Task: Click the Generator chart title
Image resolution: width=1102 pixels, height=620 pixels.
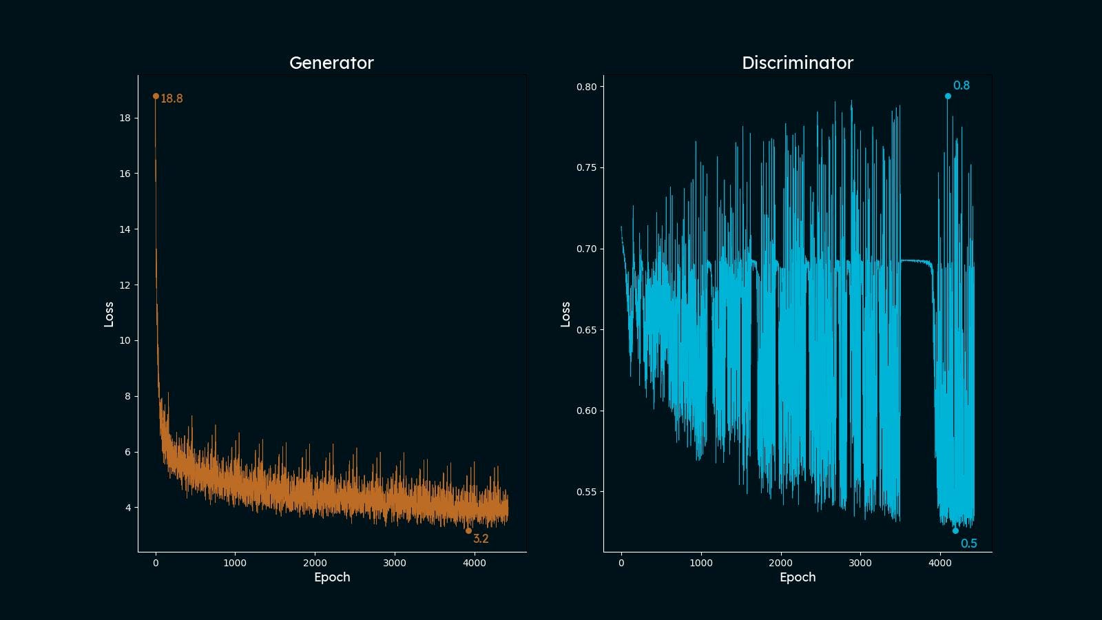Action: pos(331,63)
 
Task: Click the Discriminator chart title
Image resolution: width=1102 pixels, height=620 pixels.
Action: pos(797,63)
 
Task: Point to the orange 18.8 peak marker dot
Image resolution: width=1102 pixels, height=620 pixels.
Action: pos(156,96)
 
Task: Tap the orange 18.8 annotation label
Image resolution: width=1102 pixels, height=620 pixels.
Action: pos(171,99)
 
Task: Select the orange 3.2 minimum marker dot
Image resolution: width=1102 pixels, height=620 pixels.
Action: pos(468,531)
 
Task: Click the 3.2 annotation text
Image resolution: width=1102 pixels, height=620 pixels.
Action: pos(481,539)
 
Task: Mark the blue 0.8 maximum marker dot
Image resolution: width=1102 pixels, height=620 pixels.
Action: pos(948,96)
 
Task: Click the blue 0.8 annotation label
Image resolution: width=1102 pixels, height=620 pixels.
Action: pos(961,85)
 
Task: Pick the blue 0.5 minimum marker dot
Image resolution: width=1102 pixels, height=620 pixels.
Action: pos(955,531)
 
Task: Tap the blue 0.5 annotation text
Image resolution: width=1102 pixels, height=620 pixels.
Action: pos(968,544)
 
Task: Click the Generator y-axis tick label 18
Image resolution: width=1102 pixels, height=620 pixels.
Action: pos(125,118)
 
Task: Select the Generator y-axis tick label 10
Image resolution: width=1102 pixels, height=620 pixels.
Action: pos(125,340)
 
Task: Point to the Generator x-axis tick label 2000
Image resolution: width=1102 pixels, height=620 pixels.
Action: pos(315,563)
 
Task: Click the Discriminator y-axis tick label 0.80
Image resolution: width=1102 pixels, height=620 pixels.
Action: pos(586,87)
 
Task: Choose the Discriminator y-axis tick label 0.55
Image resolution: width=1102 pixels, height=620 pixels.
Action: pos(586,492)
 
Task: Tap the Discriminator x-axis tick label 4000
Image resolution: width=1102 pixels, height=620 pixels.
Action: pos(940,563)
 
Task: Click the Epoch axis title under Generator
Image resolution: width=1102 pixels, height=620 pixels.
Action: pos(332,577)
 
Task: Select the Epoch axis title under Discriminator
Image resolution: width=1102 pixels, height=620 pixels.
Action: pos(798,577)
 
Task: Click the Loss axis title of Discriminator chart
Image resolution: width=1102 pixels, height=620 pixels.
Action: pos(565,314)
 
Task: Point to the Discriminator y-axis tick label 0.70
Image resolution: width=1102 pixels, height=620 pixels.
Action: pos(586,249)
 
